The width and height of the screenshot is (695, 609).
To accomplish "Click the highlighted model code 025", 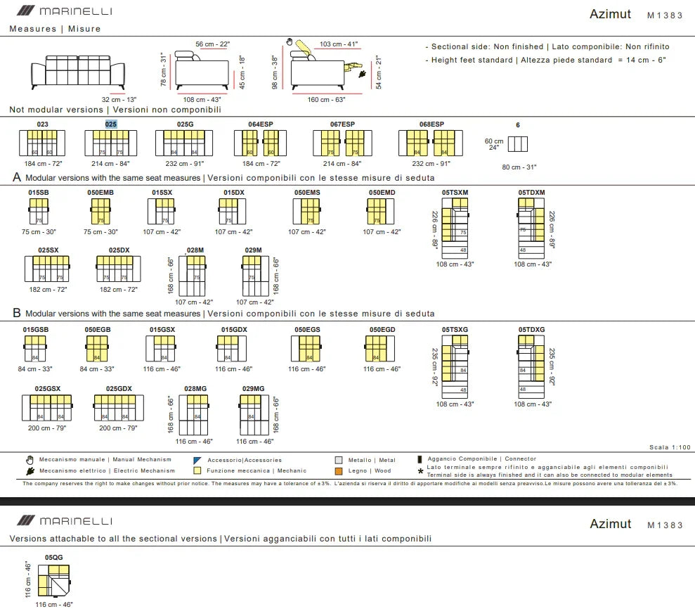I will coord(111,124).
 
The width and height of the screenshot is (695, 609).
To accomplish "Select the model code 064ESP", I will coord(260,124).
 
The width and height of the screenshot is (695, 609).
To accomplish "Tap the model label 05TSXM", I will coord(455,192).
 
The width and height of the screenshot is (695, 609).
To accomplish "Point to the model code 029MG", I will coord(253,388).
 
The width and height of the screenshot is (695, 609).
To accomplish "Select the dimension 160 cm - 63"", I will coord(326,100).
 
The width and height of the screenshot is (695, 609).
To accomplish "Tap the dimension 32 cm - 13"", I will coord(119,100).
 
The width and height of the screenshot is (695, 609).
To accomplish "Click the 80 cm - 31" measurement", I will coord(519,167).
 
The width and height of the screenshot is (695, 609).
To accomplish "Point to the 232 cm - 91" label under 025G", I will coord(186,163).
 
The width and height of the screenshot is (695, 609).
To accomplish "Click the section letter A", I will coord(17,178).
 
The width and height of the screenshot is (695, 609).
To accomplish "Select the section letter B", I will coord(17,314).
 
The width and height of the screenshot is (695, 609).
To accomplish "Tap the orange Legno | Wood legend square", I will coord(339,471).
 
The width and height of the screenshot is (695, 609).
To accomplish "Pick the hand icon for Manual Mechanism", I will coord(30,460).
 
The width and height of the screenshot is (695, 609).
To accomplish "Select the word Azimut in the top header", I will coord(610,14).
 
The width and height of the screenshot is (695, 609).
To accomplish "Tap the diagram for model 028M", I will coord(193,276).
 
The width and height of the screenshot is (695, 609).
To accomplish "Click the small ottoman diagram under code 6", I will coord(517,144).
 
